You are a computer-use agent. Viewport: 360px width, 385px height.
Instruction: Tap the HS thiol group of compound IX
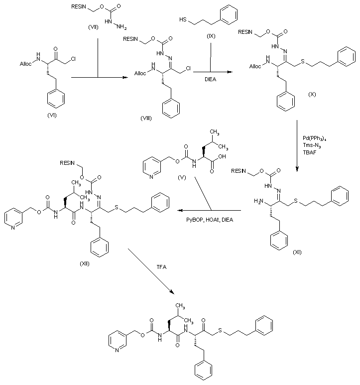click(x=182, y=20)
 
